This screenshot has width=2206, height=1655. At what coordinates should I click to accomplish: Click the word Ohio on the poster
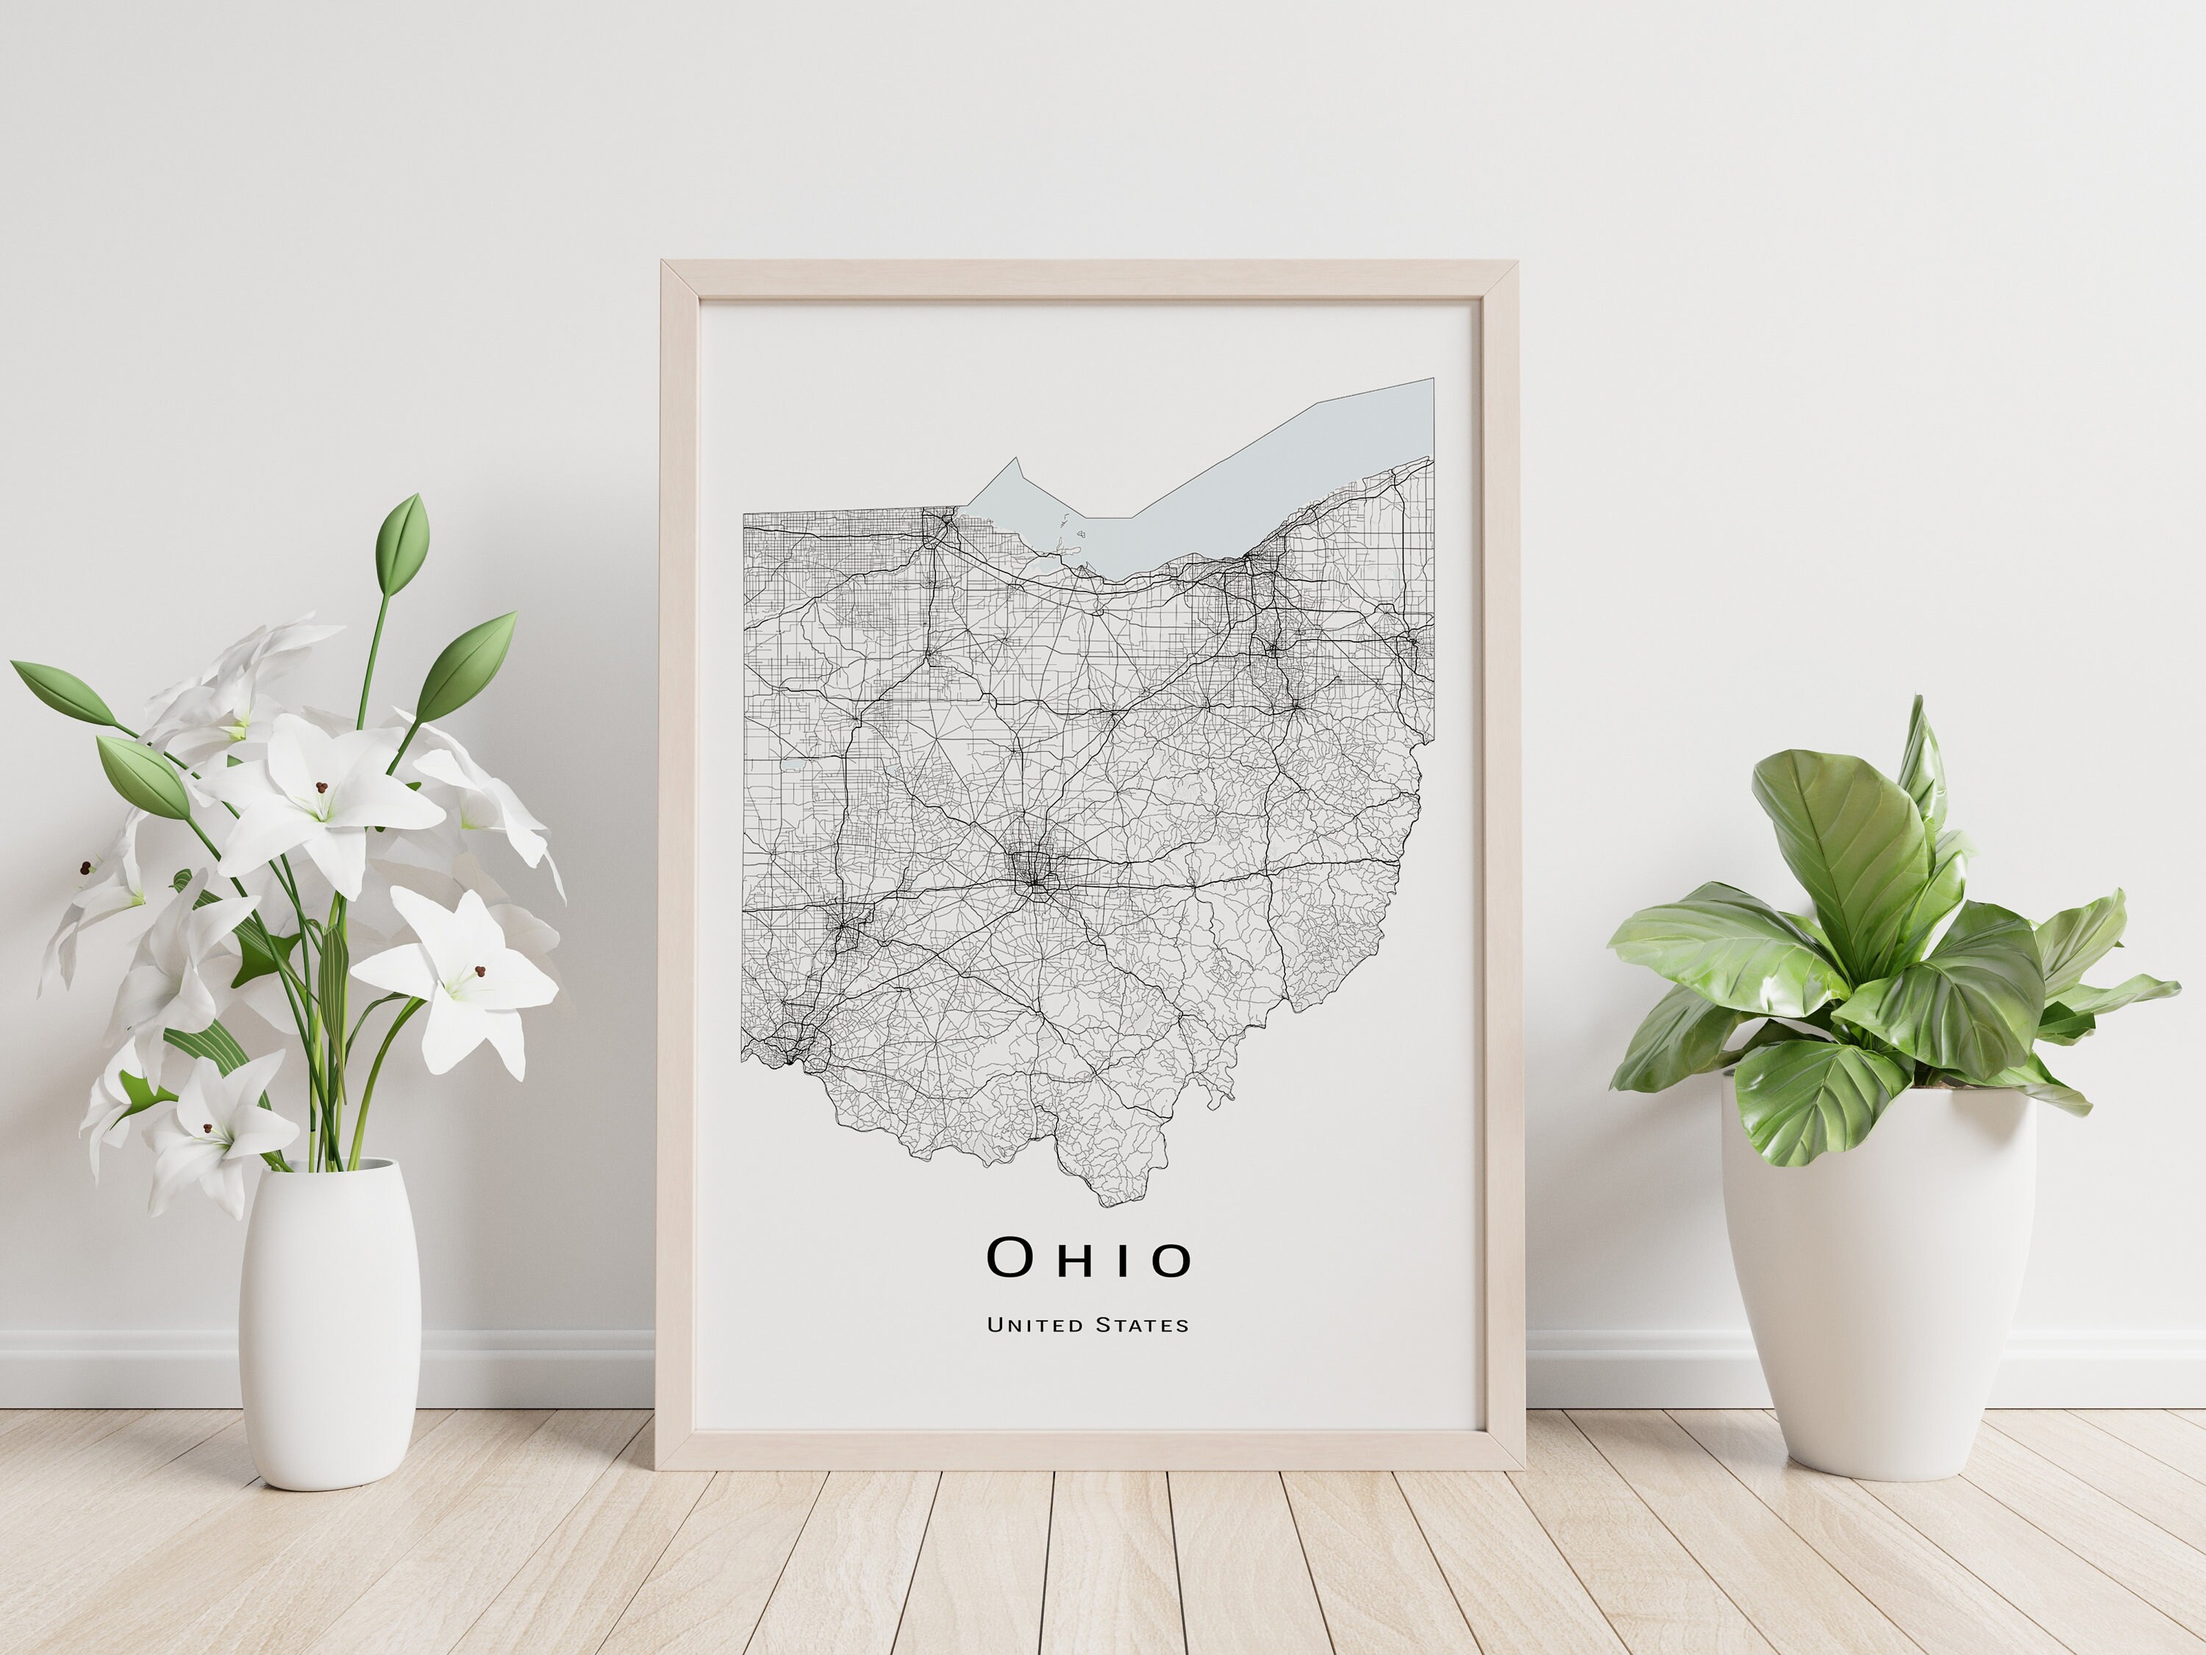coord(1088,1258)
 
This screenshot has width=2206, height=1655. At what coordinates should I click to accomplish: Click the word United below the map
coord(1034,1325)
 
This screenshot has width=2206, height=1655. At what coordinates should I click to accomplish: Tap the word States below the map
coord(1142,1325)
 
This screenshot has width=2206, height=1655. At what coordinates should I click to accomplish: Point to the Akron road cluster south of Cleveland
coord(1274,649)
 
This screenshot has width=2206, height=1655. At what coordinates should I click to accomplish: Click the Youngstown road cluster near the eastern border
coord(1409,638)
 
